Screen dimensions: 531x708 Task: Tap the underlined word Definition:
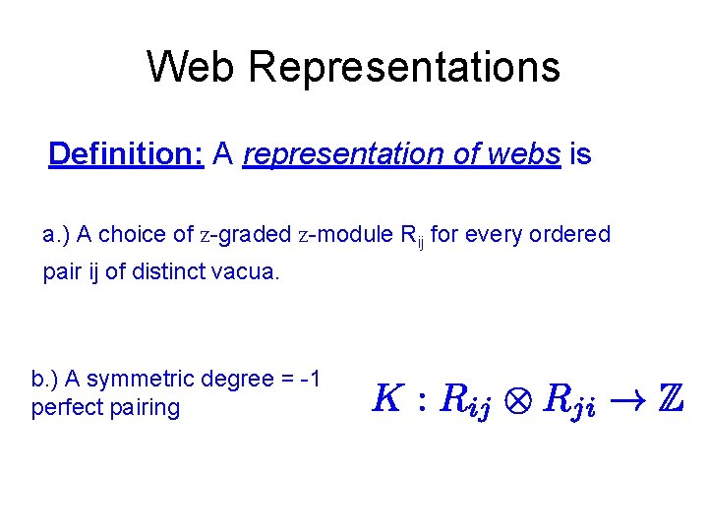point(126,154)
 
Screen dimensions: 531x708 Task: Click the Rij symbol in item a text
point(411,236)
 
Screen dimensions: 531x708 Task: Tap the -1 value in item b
point(312,379)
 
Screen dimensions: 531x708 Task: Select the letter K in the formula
point(386,397)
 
